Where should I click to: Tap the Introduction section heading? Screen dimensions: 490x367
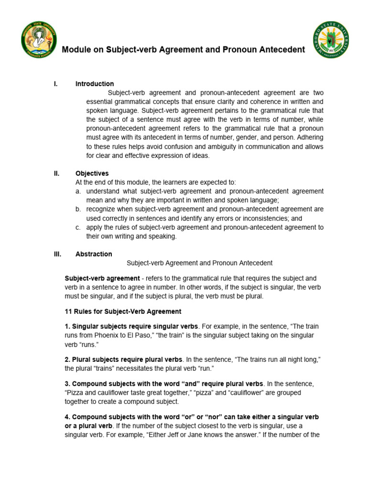pyautogui.click(x=95, y=84)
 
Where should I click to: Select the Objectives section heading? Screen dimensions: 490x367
pyautogui.click(x=92, y=173)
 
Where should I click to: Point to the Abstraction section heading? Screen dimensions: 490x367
pyautogui.click(x=94, y=254)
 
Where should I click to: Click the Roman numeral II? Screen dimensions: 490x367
pyautogui.click(x=56, y=173)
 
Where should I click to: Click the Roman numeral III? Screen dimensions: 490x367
pyautogui.click(x=57, y=254)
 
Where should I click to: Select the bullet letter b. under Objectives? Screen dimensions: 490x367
pyautogui.click(x=78, y=209)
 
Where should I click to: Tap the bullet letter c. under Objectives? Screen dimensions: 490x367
pyautogui.click(x=78, y=227)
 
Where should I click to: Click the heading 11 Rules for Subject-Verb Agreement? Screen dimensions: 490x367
pyautogui.click(x=123, y=312)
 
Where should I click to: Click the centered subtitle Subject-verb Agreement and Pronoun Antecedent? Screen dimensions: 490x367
pyautogui.click(x=199, y=263)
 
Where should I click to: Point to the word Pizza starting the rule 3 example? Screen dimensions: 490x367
pyautogui.click(x=75, y=393)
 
